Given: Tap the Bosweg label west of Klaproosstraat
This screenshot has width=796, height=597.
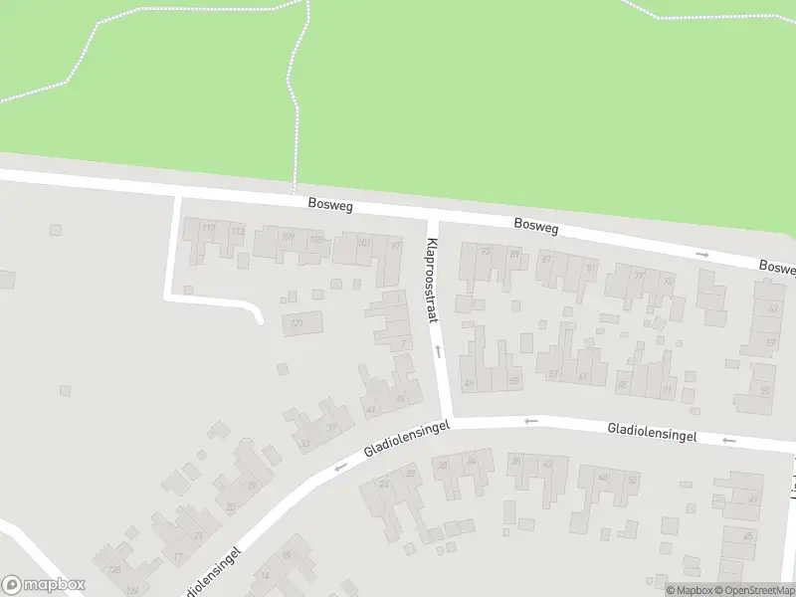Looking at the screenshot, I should click(x=330, y=206).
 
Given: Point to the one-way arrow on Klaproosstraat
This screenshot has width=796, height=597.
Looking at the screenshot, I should click(x=437, y=351).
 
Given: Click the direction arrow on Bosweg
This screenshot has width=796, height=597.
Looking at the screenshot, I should click(x=702, y=255).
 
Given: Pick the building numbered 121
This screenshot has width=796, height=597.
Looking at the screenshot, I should click(x=297, y=323).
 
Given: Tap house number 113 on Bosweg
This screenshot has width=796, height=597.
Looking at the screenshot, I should click(x=208, y=229).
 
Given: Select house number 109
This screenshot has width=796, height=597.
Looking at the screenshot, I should click(x=288, y=237).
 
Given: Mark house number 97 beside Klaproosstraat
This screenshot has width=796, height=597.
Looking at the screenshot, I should click(x=396, y=246).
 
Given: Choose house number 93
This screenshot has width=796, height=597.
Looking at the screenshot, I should click(x=486, y=252).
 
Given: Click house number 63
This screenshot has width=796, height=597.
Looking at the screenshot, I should click(x=772, y=308).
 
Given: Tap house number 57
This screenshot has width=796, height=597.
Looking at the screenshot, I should click(x=553, y=374).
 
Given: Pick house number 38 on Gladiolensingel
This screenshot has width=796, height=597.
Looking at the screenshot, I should click(x=515, y=462).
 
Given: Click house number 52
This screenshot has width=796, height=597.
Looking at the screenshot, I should click(x=631, y=479).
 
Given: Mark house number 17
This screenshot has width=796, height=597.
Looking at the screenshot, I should click(x=178, y=555).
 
